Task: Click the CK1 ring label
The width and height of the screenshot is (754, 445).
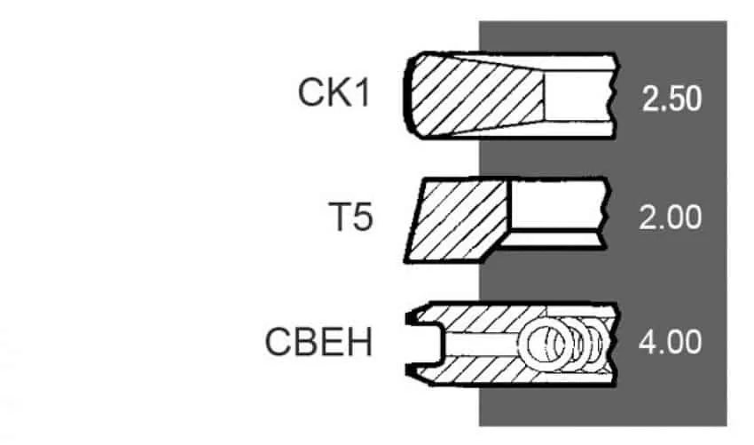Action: [x=334, y=92]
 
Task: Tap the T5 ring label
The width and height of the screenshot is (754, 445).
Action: [x=350, y=217]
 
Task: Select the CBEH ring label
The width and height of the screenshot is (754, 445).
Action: [x=318, y=342]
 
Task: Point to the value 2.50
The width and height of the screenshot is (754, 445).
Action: [x=672, y=99]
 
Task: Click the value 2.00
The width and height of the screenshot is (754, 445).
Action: [x=671, y=218]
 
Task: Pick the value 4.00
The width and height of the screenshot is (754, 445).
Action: [x=670, y=343]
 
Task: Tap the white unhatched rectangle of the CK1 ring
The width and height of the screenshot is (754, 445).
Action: [x=579, y=95]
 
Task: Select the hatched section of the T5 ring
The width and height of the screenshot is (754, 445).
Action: [x=457, y=219]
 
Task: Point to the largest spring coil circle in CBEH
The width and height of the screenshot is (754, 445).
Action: [x=546, y=344]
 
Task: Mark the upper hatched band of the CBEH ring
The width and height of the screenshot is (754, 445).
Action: [x=481, y=319]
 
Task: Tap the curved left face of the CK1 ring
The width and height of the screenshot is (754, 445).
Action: [x=407, y=95]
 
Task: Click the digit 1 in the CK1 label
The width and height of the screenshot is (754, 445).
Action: [x=362, y=92]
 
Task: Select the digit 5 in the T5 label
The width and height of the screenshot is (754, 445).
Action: [x=362, y=217]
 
